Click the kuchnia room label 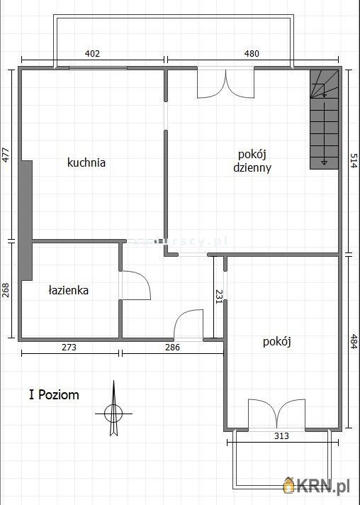click(86, 162)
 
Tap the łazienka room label click(69, 289)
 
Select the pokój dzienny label click(253, 161)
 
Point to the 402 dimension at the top click(92, 53)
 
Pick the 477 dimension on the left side click(6, 155)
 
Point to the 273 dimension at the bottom click(68, 348)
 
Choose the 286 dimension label click(172, 348)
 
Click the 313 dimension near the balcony click(281, 436)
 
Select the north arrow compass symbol click(113, 410)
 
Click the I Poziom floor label click(54, 394)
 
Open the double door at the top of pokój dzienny click(225, 83)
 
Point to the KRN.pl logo click(319, 485)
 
